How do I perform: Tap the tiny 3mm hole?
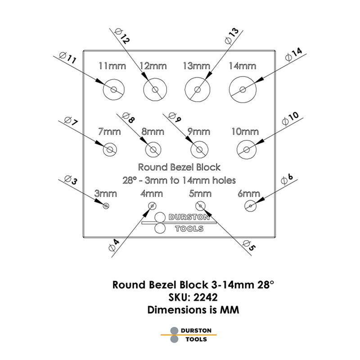click(106, 206)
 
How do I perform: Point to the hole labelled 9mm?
click(199, 149)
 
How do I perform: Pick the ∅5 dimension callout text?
click(249, 245)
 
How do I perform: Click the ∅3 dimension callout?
click(68, 180)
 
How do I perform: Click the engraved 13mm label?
click(197, 66)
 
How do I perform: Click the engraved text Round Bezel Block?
click(179, 167)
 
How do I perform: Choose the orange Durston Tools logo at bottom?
click(189, 334)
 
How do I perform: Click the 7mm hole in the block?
click(109, 149)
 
